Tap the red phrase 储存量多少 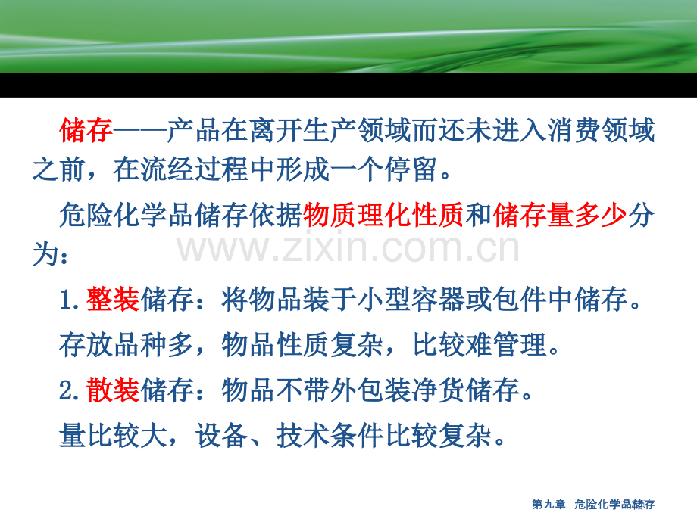click(560, 217)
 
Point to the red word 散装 click(113, 390)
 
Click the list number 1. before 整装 click(73, 301)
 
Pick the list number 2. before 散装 click(73, 391)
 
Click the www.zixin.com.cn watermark click(349, 247)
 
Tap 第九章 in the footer click(549, 505)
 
